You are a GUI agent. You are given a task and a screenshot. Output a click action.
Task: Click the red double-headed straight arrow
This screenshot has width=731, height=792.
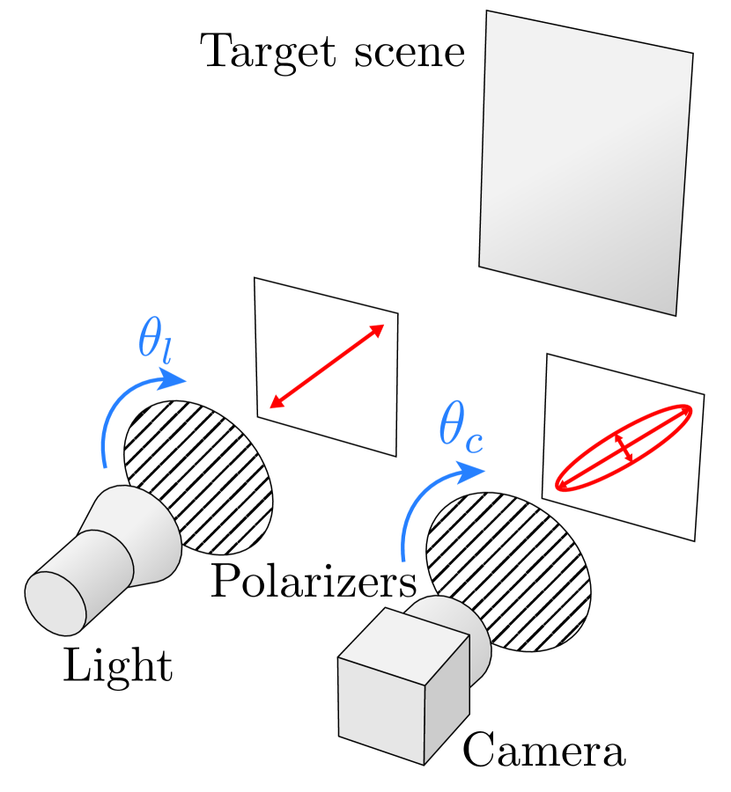pyautogui.click(x=326, y=366)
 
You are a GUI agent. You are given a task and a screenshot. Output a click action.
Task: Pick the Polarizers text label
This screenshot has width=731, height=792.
pyautogui.click(x=313, y=582)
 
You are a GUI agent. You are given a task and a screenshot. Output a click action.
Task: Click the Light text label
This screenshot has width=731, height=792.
pyautogui.click(x=117, y=666)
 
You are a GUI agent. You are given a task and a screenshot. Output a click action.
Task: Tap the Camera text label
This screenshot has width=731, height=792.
pyautogui.click(x=543, y=752)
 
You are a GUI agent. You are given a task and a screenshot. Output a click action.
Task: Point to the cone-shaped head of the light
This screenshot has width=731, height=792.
pyautogui.click(x=141, y=537)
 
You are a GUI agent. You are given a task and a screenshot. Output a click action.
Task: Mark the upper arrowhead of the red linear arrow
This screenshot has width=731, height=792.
pyautogui.click(x=378, y=330)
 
